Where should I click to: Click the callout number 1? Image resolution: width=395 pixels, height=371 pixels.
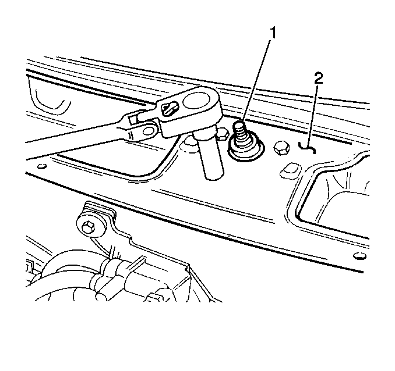tap(273, 33)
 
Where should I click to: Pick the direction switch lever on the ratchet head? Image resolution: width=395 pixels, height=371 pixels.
tap(169, 109)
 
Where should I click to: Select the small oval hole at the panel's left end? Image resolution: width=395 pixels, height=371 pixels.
tap(42, 166)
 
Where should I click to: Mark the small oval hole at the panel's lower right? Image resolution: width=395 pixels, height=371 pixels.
tap(359, 256)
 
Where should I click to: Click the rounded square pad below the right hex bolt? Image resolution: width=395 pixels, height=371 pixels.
tap(290, 171)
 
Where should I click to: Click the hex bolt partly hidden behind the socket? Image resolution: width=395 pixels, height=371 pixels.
tap(223, 134)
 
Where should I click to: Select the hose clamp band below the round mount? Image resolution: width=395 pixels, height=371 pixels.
tap(110, 267)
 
